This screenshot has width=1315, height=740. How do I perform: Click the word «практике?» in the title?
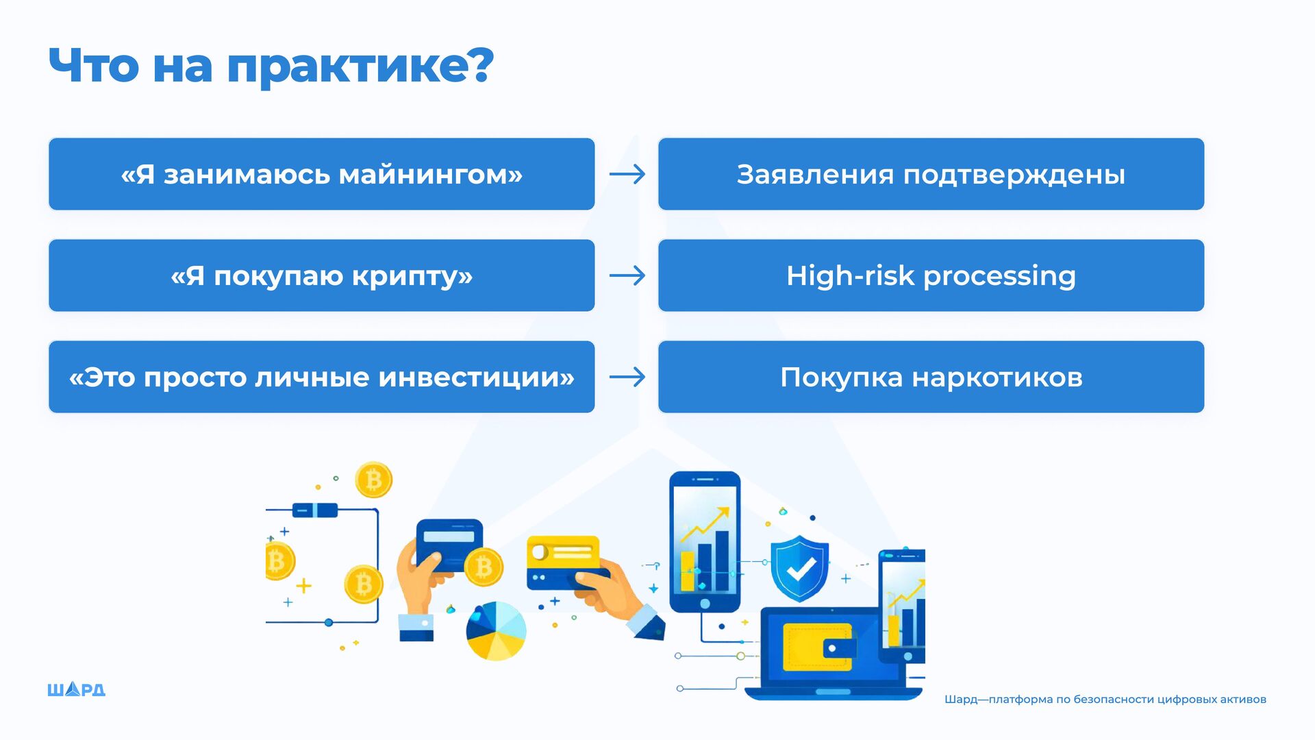click(360, 67)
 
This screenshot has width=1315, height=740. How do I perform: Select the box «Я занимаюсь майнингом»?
click(321, 174)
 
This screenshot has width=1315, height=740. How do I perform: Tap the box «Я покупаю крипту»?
click(321, 275)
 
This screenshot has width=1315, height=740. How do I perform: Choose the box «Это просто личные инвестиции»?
click(321, 377)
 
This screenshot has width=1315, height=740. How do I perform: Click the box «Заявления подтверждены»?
click(931, 174)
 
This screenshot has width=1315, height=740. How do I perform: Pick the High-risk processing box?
click(931, 275)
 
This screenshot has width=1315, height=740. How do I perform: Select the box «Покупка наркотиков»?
click(931, 377)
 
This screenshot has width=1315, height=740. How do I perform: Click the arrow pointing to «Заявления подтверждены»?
click(627, 174)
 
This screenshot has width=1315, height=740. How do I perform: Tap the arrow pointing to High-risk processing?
click(627, 275)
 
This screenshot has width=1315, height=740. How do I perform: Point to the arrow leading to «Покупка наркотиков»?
click(627, 377)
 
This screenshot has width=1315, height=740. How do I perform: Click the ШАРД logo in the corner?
click(76, 689)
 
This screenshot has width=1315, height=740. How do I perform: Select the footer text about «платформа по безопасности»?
click(1105, 700)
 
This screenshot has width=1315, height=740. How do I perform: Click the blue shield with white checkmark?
click(799, 568)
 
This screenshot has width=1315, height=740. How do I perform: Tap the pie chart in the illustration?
click(496, 630)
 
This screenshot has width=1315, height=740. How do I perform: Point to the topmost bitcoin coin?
click(373, 480)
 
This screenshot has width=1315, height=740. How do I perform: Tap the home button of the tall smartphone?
click(705, 604)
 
